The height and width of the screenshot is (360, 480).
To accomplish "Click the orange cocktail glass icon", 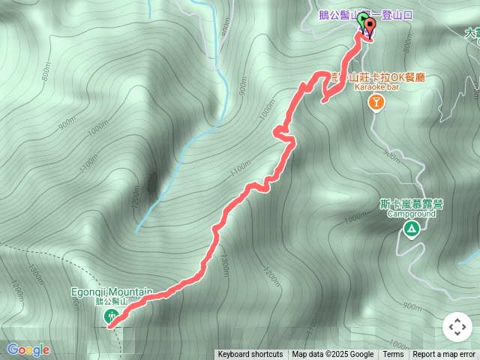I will [x=376, y=103].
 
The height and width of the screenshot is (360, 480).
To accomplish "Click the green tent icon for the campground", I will [x=410, y=229].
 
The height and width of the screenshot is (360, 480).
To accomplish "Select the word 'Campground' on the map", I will [x=411, y=213].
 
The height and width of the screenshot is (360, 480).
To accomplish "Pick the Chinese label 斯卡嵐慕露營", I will [x=410, y=203].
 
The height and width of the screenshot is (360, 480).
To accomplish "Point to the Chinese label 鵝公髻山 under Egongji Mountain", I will [x=112, y=301].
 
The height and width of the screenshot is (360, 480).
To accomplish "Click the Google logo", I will [x=28, y=349].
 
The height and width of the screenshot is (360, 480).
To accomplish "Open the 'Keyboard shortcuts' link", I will [x=250, y=355].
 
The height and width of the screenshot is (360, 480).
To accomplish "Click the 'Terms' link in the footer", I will [x=393, y=355].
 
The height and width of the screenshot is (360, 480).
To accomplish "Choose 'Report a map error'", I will [x=444, y=355].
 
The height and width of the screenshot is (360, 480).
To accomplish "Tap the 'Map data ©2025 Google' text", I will [x=332, y=355].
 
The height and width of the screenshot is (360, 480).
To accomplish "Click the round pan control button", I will [x=457, y=328].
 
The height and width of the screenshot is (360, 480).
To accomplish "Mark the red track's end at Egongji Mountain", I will [x=111, y=326].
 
